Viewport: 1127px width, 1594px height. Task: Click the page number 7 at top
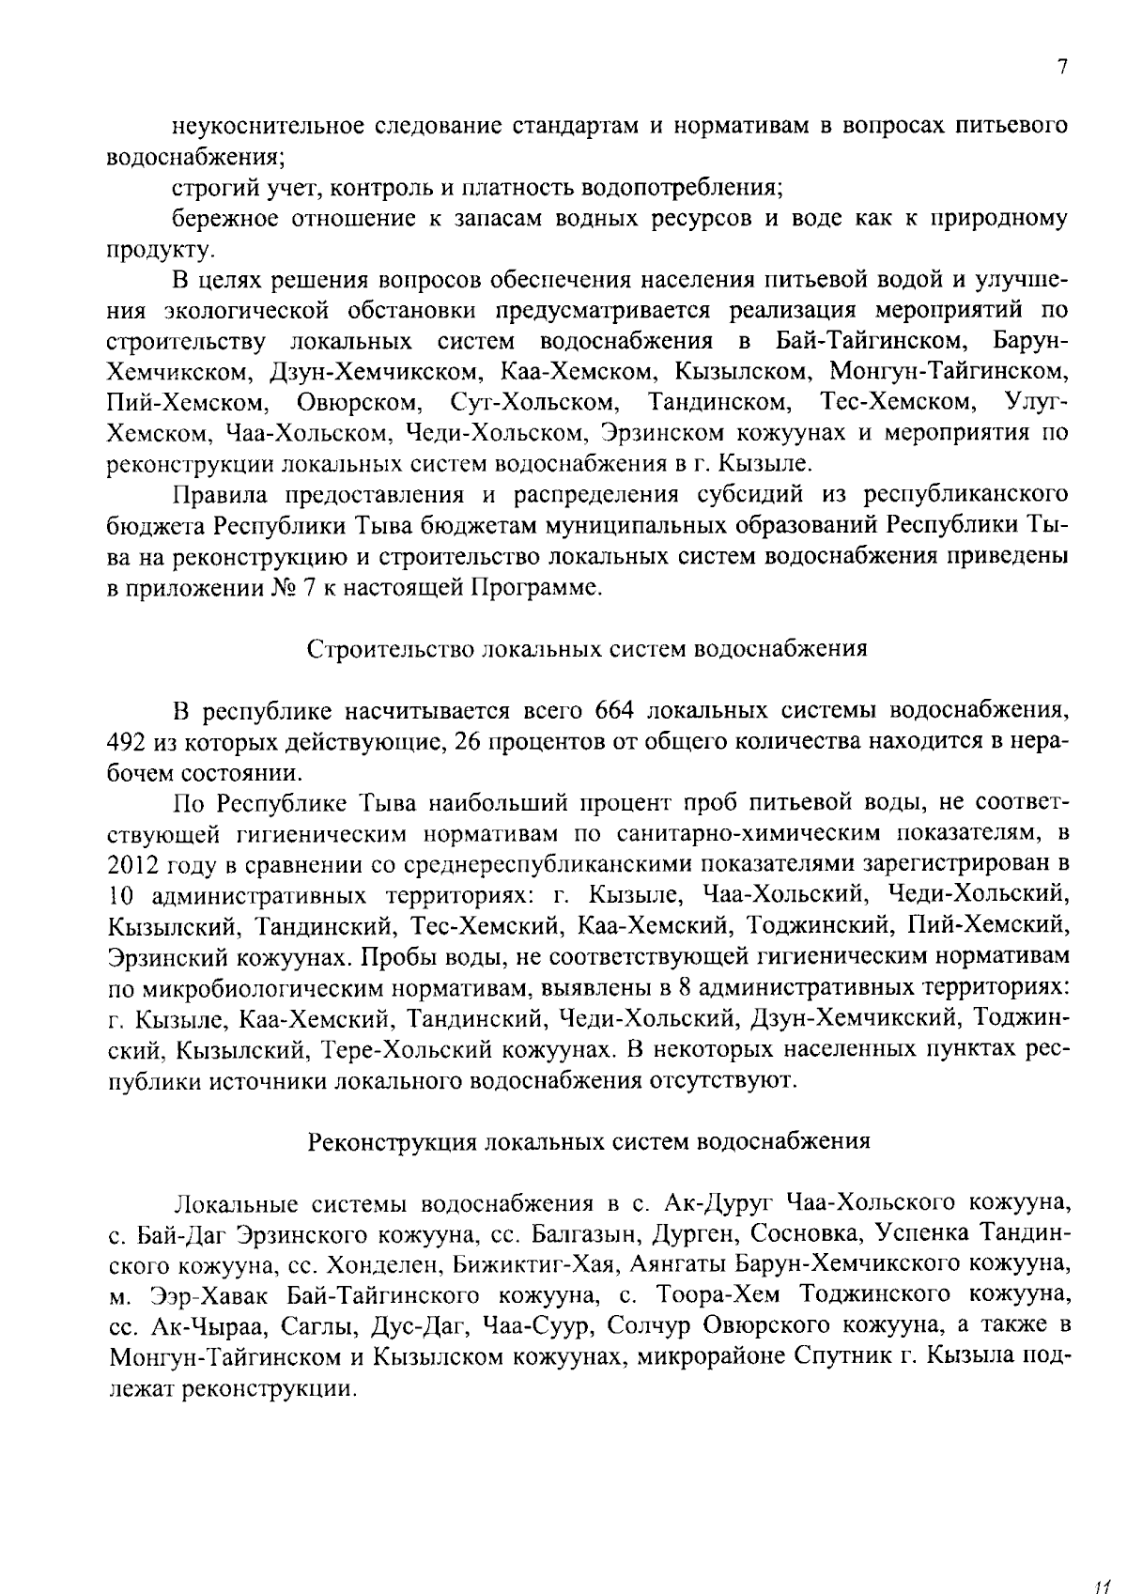[x=1061, y=67]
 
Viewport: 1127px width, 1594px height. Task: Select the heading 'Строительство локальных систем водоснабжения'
[x=587, y=649]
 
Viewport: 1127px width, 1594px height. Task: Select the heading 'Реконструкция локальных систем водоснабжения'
[x=589, y=1141]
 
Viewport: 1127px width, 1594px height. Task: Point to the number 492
[x=127, y=741]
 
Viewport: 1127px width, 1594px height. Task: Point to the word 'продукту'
[x=149, y=250]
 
